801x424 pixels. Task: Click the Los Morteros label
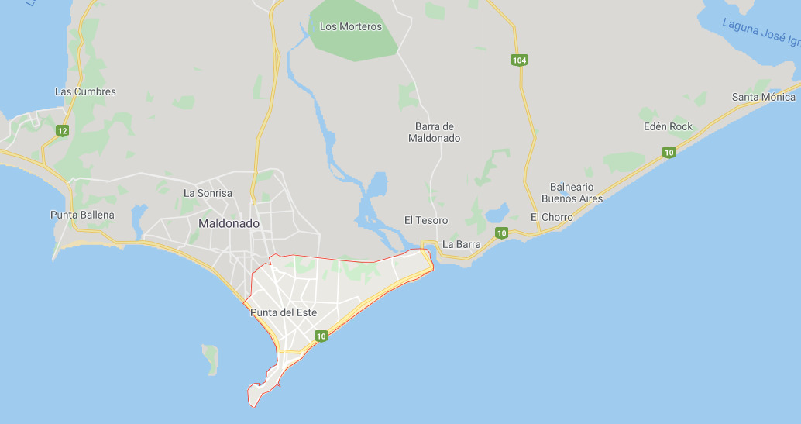click(x=350, y=26)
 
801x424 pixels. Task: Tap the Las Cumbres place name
click(x=85, y=91)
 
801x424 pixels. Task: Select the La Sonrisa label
click(x=208, y=193)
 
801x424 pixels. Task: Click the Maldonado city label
click(x=229, y=223)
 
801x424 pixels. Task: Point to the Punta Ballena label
click(x=82, y=215)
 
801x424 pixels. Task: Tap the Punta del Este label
click(x=284, y=312)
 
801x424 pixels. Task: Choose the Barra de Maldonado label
click(x=435, y=133)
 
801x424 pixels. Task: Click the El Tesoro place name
click(x=426, y=220)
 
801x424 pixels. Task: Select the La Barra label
click(x=462, y=244)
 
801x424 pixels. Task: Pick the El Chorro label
click(x=552, y=217)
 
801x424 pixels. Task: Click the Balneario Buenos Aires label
click(x=572, y=192)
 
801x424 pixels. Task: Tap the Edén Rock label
click(x=668, y=126)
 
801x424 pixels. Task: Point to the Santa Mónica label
click(x=764, y=97)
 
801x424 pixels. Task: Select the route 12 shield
click(x=62, y=131)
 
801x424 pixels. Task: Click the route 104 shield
click(x=519, y=60)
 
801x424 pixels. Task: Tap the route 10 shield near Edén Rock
click(x=669, y=152)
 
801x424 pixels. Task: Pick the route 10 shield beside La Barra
click(x=502, y=233)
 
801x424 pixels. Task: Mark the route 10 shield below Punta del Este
click(x=321, y=336)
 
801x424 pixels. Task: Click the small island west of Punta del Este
click(x=210, y=359)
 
